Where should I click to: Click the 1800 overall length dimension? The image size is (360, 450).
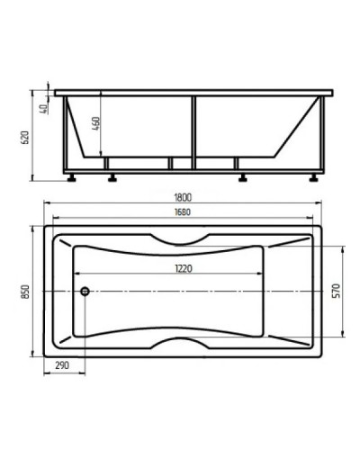coord(183,198)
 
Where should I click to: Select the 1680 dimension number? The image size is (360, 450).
coord(183,212)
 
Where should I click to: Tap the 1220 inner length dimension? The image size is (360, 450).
coord(184,268)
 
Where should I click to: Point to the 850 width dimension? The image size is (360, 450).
coord(26,292)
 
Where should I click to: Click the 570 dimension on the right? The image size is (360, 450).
coord(337,291)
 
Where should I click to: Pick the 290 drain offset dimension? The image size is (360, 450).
coord(62,365)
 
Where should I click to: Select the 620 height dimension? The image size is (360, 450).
coord(25,138)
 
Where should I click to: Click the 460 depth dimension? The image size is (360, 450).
coord(96,123)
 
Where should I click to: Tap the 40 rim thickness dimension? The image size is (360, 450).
coord(44,109)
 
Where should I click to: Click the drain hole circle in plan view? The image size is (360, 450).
coord(85,291)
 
